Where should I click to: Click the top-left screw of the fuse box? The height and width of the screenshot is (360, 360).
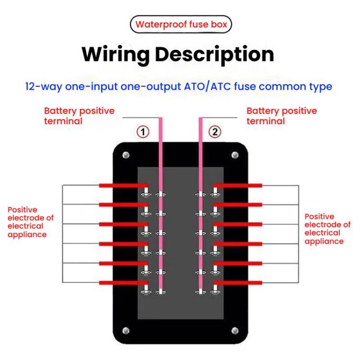[126, 155]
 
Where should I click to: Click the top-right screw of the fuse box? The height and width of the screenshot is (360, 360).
[235, 155]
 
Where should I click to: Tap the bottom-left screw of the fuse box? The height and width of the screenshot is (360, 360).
[126, 330]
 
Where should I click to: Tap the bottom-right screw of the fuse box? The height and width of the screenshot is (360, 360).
[235, 330]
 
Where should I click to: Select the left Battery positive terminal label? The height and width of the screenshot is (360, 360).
[79, 116]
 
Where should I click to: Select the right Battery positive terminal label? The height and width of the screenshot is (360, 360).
[282, 116]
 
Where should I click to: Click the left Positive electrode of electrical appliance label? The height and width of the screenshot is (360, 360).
[31, 222]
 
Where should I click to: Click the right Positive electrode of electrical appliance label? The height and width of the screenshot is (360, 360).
[327, 229]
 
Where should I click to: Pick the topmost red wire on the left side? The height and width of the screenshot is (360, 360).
[122, 185]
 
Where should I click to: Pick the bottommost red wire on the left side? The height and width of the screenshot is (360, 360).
[122, 283]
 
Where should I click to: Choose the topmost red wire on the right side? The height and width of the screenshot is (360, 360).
[238, 185]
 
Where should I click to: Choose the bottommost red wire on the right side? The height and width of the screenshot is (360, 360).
[238, 283]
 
